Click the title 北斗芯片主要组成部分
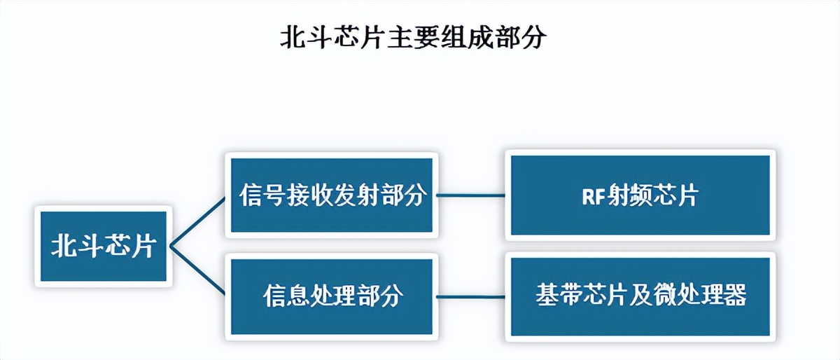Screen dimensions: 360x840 412,38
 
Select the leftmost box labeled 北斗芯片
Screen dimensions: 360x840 103,246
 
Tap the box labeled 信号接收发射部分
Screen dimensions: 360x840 332,195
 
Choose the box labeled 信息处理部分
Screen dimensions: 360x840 332,297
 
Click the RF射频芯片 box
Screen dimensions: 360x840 640,195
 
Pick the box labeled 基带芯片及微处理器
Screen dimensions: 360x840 640,297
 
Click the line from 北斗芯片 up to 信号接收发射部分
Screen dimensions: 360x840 198,221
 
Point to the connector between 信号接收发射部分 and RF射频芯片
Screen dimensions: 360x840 470,195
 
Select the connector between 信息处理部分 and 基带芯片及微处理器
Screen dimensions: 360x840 470,297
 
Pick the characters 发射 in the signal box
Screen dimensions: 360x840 355,195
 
